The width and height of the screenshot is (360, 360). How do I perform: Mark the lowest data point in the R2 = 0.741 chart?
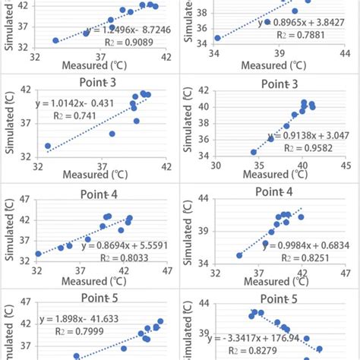(47, 146)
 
